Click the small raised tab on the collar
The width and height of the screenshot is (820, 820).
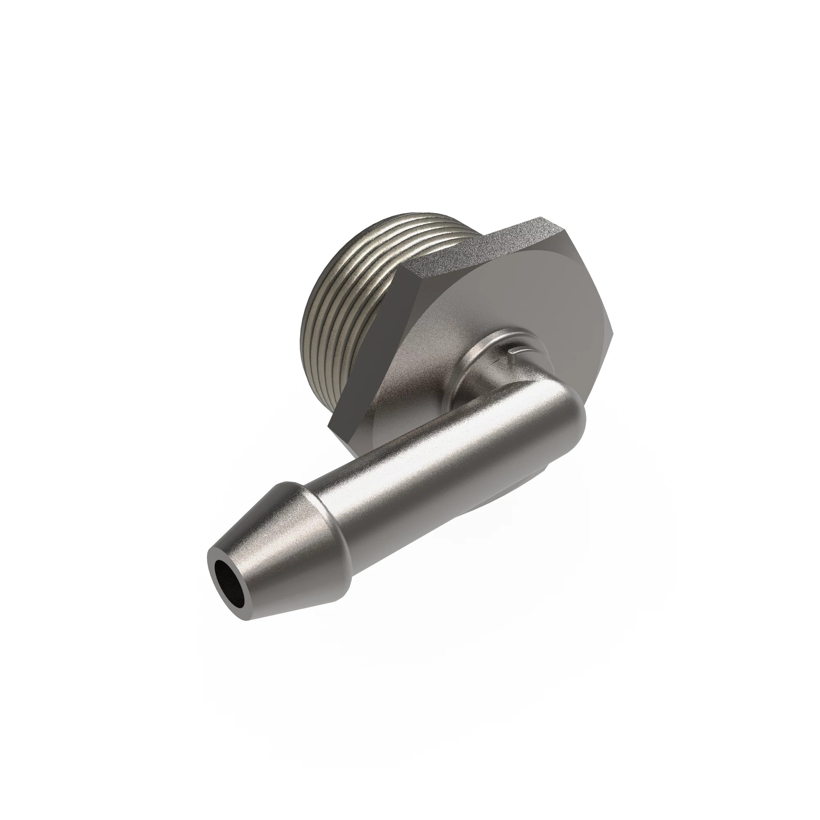(x=520, y=338)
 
